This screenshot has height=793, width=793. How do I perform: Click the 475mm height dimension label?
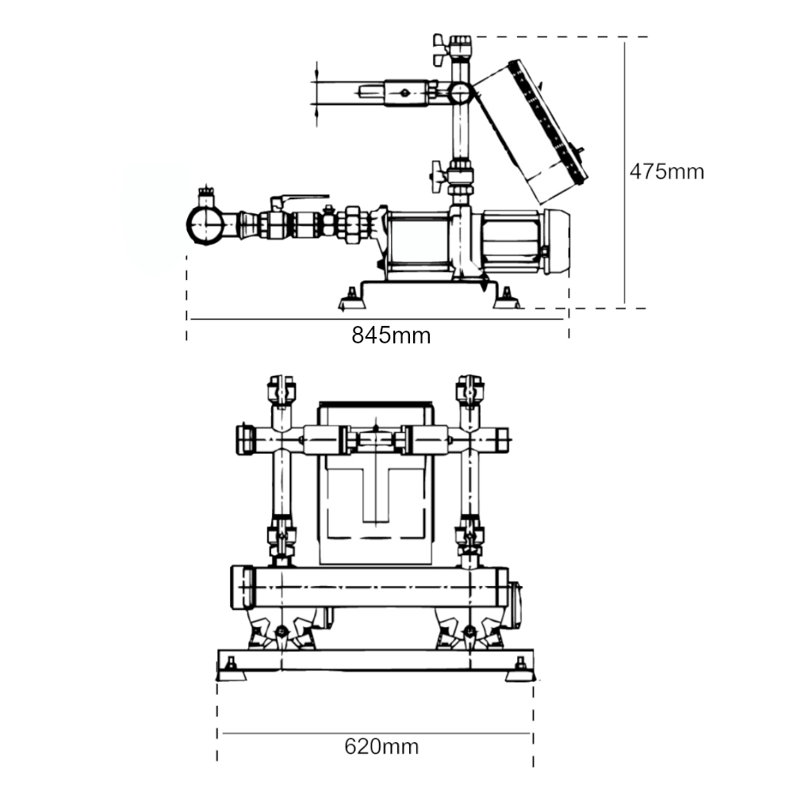(666, 171)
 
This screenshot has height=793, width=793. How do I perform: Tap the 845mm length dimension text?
(391, 335)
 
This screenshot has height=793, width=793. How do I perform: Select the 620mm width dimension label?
(381, 746)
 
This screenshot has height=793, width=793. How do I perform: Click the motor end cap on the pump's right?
(557, 243)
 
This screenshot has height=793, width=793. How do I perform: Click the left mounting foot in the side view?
(350, 299)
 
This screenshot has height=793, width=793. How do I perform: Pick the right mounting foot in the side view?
(505, 299)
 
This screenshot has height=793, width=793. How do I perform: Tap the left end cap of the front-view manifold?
(241, 589)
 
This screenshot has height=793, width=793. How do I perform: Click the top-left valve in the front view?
(281, 389)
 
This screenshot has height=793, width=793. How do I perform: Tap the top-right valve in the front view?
(470, 389)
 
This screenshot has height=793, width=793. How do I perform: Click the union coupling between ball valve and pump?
(352, 223)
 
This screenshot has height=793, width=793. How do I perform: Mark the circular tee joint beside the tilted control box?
(460, 94)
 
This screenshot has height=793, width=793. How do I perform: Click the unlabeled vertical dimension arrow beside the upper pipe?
(316, 93)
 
